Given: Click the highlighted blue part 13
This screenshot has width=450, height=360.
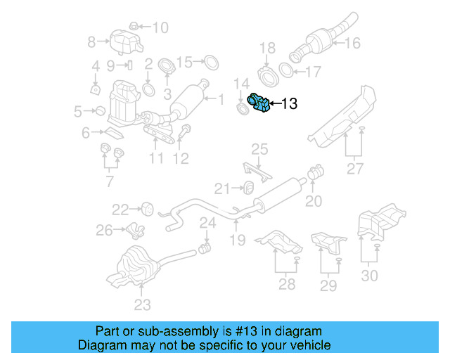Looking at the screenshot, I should point(259,104).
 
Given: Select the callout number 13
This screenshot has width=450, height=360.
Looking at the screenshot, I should point(289,105).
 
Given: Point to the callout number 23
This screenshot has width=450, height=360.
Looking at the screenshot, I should point(143,304).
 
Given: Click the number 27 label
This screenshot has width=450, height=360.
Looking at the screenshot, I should point(354,168).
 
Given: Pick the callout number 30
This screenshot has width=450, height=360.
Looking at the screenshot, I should point(368,275).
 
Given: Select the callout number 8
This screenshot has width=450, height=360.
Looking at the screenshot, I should point(91,42).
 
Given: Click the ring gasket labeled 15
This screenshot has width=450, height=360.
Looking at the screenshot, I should point(209,64).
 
